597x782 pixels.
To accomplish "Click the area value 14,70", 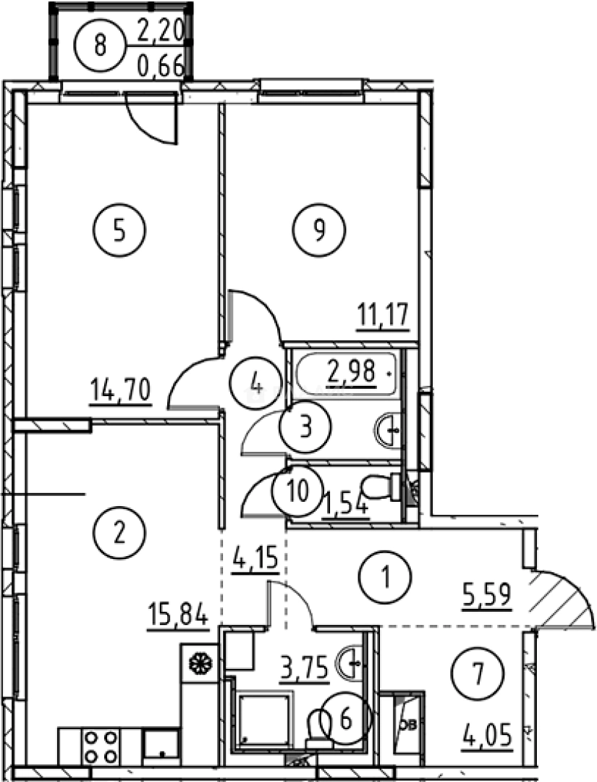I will click(120, 392).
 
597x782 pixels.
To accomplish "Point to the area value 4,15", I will click(255, 560).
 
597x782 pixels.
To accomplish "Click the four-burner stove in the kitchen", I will click(100, 746).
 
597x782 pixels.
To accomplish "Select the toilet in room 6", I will click(319, 727).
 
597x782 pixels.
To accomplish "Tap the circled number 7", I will click(477, 674).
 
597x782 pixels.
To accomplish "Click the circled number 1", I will click(385, 577).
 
